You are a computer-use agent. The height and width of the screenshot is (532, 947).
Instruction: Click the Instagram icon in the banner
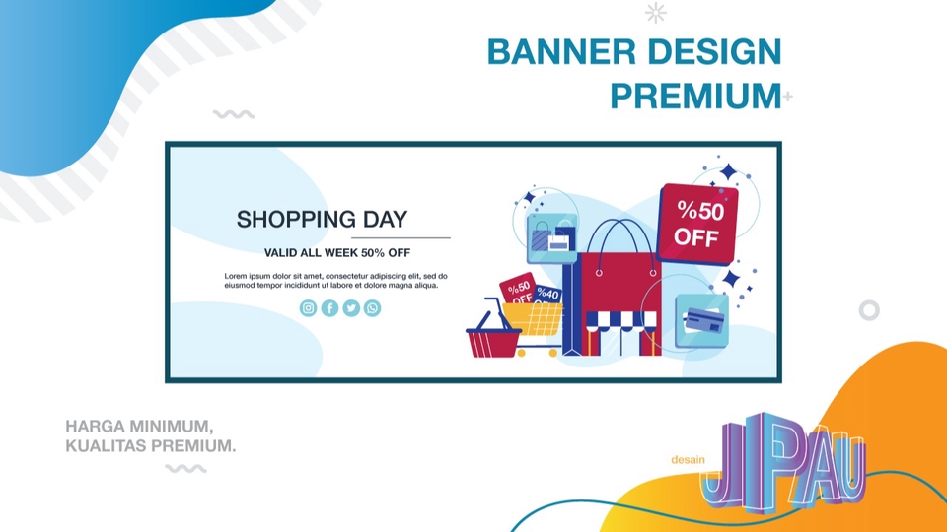[308, 308]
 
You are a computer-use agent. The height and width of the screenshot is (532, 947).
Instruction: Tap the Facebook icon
[329, 308]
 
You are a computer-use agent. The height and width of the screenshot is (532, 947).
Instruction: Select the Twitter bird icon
[350, 308]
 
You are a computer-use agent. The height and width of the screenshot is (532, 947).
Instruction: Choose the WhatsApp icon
[372, 308]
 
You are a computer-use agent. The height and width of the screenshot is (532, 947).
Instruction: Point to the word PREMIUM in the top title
[694, 97]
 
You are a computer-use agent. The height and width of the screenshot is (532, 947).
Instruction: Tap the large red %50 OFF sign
[697, 224]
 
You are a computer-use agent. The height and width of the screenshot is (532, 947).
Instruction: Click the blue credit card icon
[701, 319]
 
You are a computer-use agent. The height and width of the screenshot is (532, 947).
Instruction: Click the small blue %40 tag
[547, 295]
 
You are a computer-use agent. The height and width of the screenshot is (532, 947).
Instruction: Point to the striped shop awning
[620, 320]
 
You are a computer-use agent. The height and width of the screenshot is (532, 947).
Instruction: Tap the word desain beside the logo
[688, 459]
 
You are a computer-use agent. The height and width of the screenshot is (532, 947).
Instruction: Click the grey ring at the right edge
[868, 310]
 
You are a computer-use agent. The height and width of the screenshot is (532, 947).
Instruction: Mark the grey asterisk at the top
[655, 13]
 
